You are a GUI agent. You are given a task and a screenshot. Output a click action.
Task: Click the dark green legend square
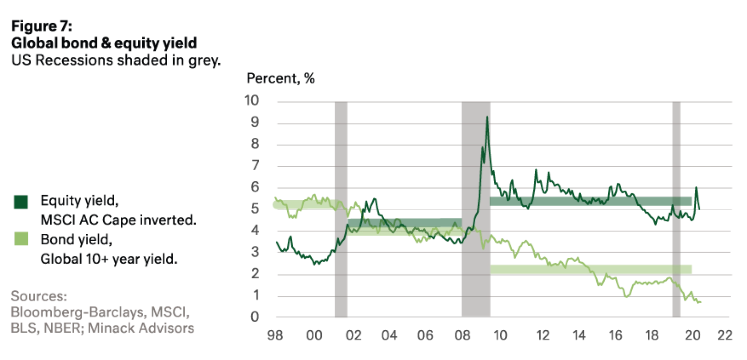click(x=20, y=201)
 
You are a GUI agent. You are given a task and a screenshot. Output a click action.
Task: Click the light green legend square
click(x=20, y=240)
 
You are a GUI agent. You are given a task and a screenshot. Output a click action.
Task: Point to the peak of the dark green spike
click(x=487, y=117)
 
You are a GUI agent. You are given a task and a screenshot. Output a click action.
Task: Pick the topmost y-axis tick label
click(x=252, y=100)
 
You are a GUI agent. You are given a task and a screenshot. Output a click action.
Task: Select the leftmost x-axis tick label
click(x=275, y=334)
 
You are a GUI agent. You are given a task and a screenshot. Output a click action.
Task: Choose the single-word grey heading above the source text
click(x=39, y=296)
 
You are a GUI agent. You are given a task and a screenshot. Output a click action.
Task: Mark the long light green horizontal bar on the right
click(x=591, y=269)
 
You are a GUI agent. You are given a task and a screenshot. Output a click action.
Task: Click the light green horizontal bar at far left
click(x=302, y=204)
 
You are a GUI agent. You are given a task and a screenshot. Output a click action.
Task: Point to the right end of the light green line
click(x=701, y=302)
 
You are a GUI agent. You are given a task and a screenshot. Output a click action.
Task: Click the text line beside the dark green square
click(x=80, y=201)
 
